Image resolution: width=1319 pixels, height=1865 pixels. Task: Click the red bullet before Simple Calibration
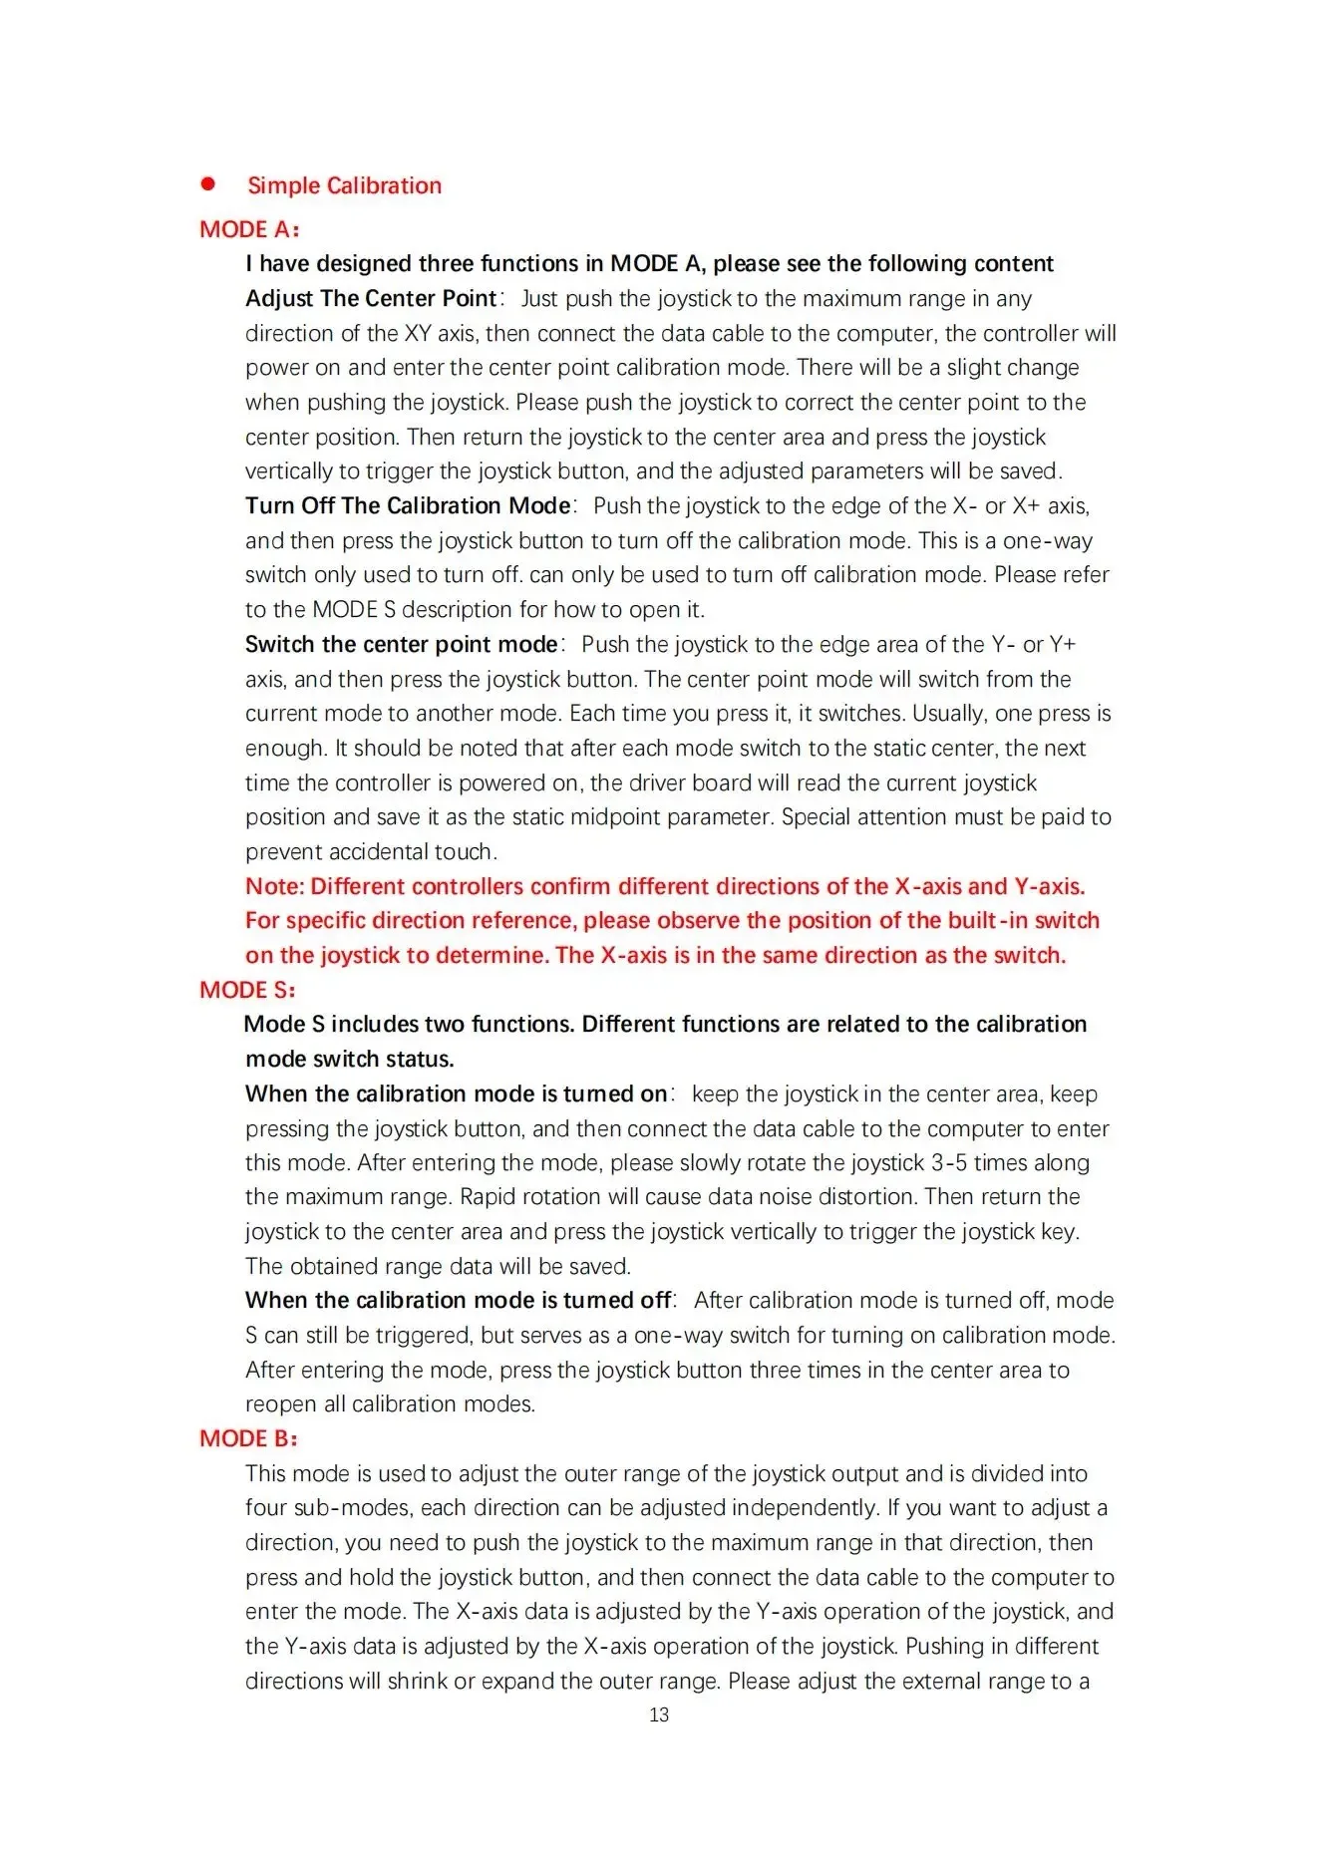(x=208, y=184)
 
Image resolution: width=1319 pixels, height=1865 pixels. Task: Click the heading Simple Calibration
(x=344, y=185)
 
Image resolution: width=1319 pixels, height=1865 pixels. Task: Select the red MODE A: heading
(x=249, y=229)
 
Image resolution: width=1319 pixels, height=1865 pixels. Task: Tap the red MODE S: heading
(x=247, y=990)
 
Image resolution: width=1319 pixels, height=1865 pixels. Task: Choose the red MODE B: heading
(x=248, y=1438)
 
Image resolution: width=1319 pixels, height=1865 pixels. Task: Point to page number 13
(x=659, y=1714)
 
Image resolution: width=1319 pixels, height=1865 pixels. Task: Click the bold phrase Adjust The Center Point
(x=371, y=298)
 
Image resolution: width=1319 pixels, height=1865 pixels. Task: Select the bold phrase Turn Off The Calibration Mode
(x=408, y=505)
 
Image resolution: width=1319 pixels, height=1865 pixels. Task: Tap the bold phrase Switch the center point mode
(x=401, y=644)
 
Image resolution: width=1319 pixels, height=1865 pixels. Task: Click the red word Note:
(x=275, y=886)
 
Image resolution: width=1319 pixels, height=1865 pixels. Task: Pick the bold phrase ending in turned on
(x=456, y=1093)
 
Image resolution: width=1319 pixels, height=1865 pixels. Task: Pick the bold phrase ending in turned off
(x=458, y=1300)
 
